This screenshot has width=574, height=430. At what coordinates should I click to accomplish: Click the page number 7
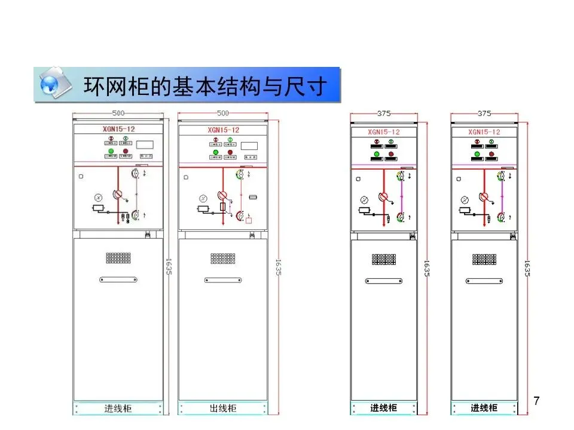(x=536, y=401)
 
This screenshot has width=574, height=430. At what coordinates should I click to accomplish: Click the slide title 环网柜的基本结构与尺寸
(x=205, y=85)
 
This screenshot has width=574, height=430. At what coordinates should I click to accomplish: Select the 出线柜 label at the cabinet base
(x=223, y=409)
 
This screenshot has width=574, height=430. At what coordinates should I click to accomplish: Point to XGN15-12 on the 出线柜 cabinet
(x=224, y=130)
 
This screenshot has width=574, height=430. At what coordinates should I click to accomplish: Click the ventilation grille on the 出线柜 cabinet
(x=222, y=258)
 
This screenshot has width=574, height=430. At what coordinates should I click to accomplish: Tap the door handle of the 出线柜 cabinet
(x=222, y=279)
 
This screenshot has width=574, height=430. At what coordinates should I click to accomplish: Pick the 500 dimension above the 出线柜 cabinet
(x=223, y=113)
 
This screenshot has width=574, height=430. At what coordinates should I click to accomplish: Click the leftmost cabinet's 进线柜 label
(x=118, y=409)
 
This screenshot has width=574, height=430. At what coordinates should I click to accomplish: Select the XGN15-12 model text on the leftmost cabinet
(x=118, y=128)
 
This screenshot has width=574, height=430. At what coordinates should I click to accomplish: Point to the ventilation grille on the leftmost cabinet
(x=118, y=258)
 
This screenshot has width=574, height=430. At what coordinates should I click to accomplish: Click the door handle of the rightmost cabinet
(x=484, y=281)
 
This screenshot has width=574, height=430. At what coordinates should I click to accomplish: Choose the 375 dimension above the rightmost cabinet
(x=484, y=113)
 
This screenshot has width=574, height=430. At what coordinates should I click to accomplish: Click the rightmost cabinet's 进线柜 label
(x=484, y=408)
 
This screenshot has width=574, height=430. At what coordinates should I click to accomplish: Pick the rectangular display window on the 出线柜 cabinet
(x=249, y=145)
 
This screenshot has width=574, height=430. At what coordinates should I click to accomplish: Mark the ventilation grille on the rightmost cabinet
(x=484, y=259)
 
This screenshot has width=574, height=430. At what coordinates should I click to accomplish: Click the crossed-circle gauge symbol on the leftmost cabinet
(x=99, y=197)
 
